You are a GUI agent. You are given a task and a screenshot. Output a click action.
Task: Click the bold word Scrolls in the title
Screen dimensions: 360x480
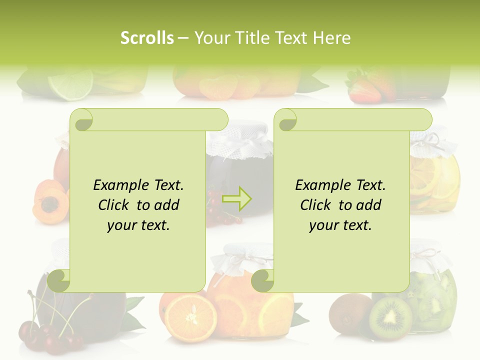point(147,38)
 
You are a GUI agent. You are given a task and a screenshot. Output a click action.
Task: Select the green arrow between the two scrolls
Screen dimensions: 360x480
point(237,199)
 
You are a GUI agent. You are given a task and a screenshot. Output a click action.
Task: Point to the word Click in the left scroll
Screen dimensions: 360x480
point(114,205)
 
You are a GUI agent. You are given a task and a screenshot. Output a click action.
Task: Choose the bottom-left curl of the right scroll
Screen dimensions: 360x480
point(263,280)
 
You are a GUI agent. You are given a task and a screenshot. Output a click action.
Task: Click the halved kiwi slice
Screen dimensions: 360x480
point(390,318)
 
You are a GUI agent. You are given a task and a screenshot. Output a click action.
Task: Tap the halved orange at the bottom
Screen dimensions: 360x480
point(190,318)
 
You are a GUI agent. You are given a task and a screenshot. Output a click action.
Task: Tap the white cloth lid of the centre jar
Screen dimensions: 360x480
point(238,142)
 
